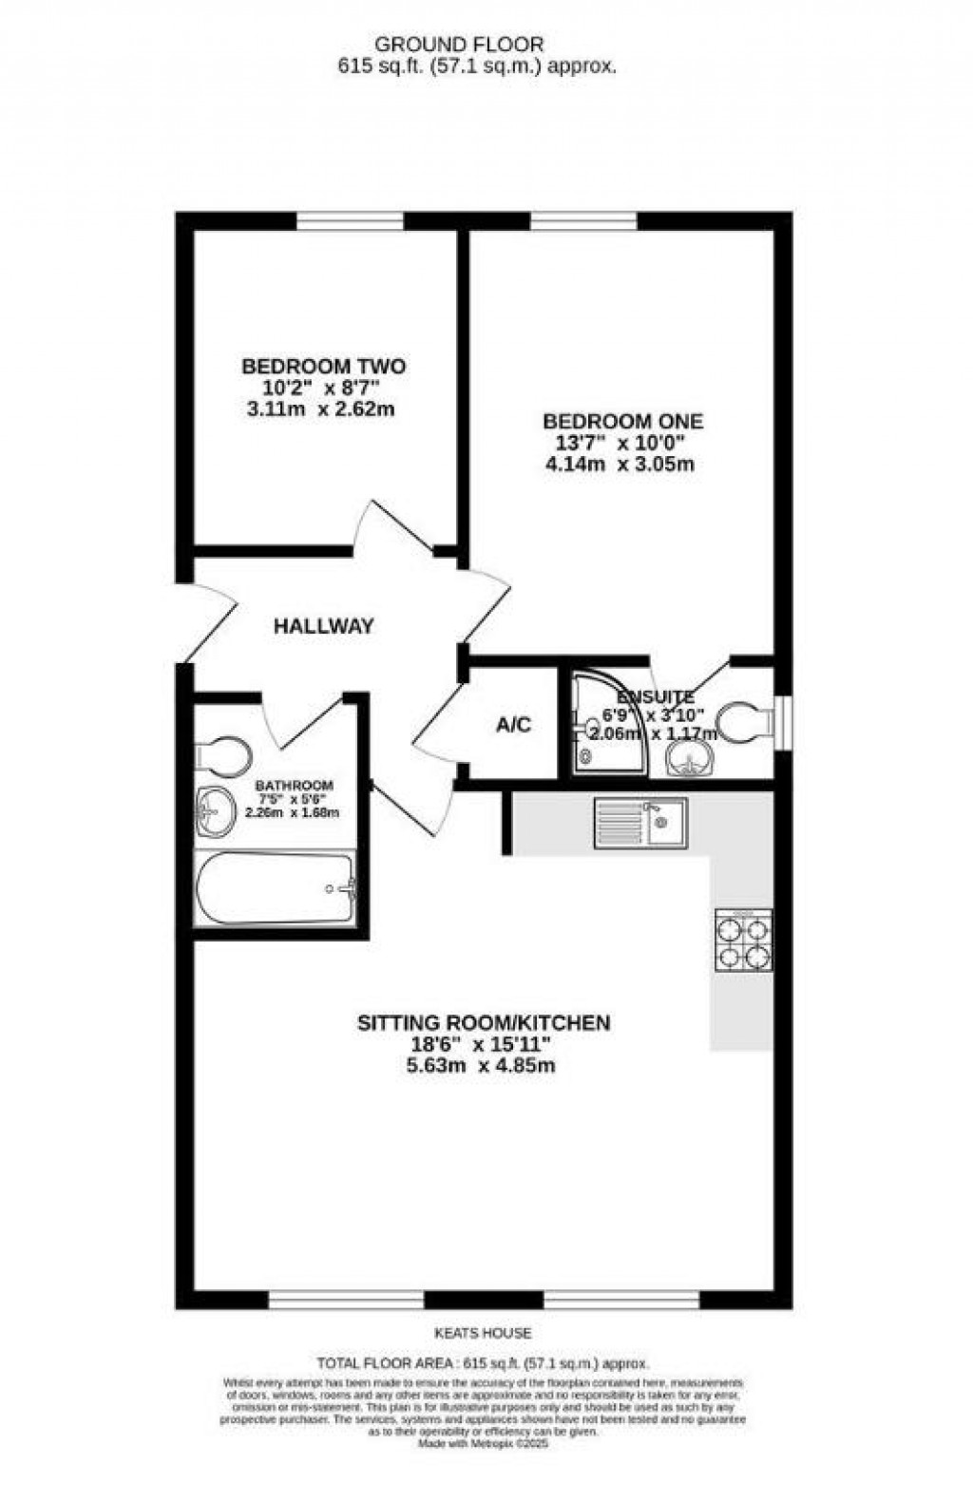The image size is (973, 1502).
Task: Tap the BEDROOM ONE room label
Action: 623,421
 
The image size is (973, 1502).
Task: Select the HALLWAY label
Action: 324,626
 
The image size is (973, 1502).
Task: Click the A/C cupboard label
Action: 514,725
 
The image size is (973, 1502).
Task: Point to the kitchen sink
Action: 642,823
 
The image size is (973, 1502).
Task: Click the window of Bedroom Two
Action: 351,221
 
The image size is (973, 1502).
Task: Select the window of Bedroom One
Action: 583,221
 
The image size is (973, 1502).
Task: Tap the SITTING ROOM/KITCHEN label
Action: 484,1023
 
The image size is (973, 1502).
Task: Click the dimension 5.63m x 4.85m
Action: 484,1065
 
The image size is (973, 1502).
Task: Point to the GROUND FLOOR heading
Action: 459,44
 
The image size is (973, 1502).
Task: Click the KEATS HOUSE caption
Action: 486,1334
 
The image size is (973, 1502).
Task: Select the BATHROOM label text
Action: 295,786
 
